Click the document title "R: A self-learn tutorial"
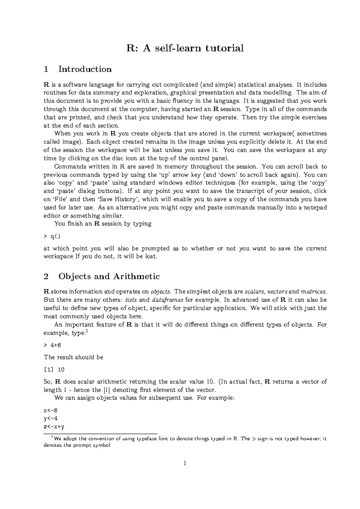pos(185,48)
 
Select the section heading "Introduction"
pos(85,69)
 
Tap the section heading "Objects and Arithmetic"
pos(109,276)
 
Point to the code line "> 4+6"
pos(52,345)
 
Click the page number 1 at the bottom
pos(185,463)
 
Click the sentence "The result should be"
pos(73,357)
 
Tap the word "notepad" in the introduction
pos(316,207)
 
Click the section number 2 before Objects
pos(46,276)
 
